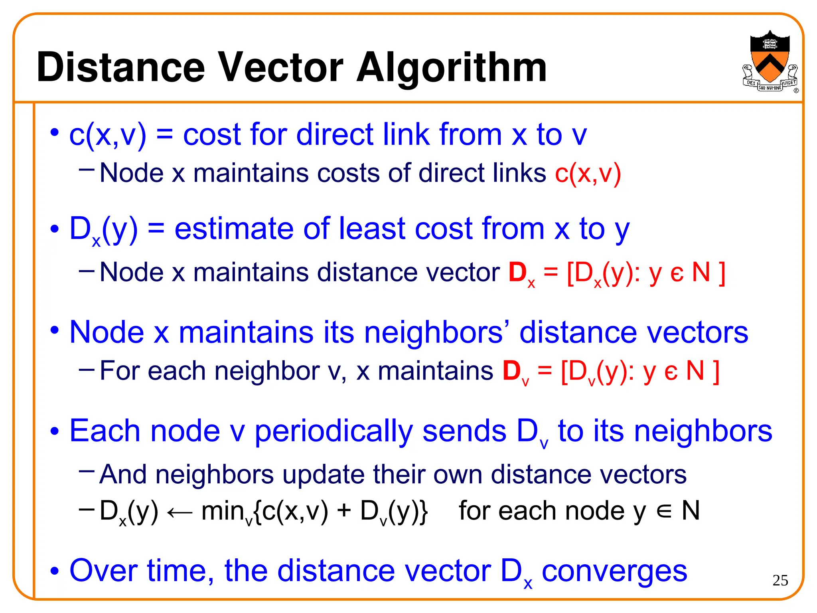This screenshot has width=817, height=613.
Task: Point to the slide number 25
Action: click(780, 580)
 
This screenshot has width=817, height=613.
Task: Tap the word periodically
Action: click(334, 432)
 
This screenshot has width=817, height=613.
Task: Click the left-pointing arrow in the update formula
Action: click(180, 512)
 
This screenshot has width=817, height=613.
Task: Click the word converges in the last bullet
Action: click(614, 571)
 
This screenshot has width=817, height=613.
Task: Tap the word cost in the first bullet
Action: click(212, 134)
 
